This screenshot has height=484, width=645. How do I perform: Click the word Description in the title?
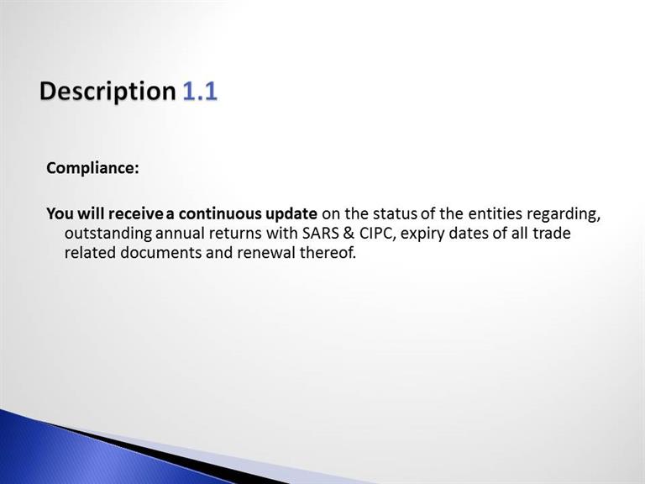pos(107,92)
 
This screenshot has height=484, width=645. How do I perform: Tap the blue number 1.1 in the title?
pos(200,91)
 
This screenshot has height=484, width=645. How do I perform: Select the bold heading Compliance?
pos(92,168)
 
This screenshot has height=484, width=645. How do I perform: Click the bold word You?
pos(60,214)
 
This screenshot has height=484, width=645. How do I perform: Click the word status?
pos(395,214)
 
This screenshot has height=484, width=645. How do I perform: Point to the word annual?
pos(180,234)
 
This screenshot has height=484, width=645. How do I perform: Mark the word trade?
pos(552,234)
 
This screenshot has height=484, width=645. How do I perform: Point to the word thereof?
pos(328,253)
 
